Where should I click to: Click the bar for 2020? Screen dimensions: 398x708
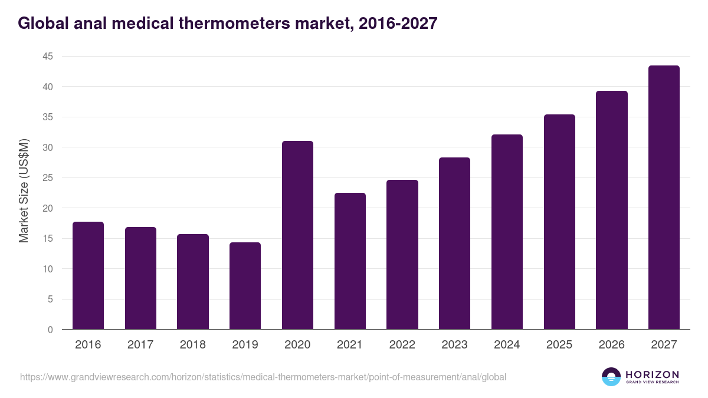[x=297, y=235]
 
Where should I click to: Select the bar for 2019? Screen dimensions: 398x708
[x=245, y=286]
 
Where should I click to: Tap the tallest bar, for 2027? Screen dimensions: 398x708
[x=664, y=198]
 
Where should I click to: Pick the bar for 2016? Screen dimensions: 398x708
[x=88, y=275]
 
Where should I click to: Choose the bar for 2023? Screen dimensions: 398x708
[x=454, y=244]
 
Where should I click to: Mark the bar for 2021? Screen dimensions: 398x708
[x=350, y=261]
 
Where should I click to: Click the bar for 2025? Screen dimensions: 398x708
[x=559, y=222]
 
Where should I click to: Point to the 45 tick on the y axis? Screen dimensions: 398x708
[x=47, y=57]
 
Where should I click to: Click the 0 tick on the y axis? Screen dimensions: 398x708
[x=50, y=330]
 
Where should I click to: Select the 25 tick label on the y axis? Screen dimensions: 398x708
[x=47, y=178]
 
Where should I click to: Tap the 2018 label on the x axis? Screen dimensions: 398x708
[x=192, y=345]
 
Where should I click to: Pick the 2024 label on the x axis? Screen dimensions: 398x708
[x=507, y=345]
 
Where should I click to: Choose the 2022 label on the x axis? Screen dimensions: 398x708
[x=402, y=345]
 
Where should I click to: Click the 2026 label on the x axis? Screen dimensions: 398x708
[x=611, y=345]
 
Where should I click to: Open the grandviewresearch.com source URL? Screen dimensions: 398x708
[x=263, y=377]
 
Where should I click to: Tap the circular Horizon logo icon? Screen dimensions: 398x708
[x=611, y=377]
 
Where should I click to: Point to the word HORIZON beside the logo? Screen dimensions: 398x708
[x=652, y=374]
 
